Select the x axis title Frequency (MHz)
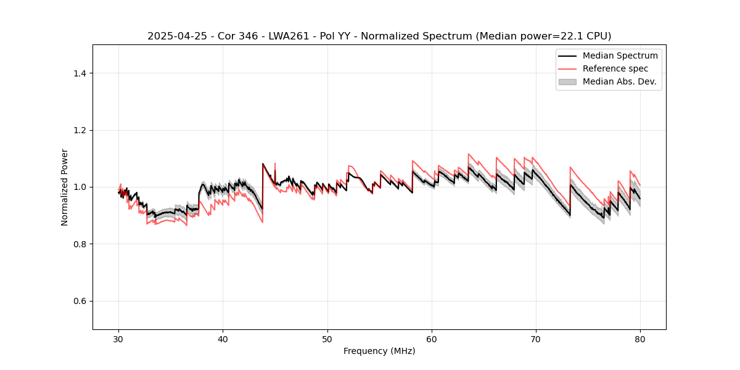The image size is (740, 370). tap(379, 351)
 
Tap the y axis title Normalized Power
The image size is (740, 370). tap(65, 187)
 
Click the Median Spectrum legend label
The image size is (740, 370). tap(620, 55)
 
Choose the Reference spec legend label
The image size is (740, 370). tap(615, 68)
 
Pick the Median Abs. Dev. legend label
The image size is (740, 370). tap(620, 81)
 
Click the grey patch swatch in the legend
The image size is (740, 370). tap(567, 81)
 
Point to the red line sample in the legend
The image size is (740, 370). tap(567, 68)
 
